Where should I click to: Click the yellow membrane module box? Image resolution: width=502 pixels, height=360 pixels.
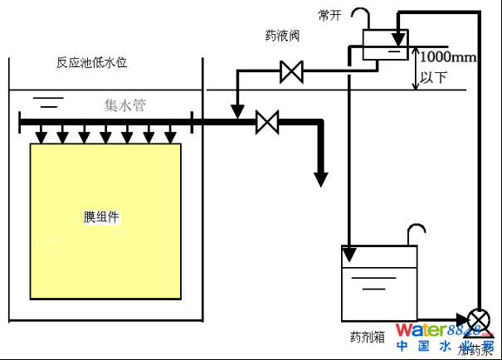coord(105,220)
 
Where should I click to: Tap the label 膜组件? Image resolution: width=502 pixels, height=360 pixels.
coord(102,217)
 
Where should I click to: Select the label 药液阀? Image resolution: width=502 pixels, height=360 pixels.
coord(282,36)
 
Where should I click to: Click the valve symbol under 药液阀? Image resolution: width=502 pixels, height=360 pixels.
coord(291,72)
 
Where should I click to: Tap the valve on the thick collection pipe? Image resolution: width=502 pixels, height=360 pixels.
coord(266,122)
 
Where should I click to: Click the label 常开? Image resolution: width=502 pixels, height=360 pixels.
coord(329,15)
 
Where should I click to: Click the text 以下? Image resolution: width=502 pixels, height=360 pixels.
coord(434,76)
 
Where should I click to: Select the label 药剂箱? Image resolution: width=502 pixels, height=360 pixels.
coord(367,338)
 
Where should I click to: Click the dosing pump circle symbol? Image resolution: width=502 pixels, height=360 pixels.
coord(479,319)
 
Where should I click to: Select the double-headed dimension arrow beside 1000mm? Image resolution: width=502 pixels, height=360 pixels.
coord(416,68)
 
